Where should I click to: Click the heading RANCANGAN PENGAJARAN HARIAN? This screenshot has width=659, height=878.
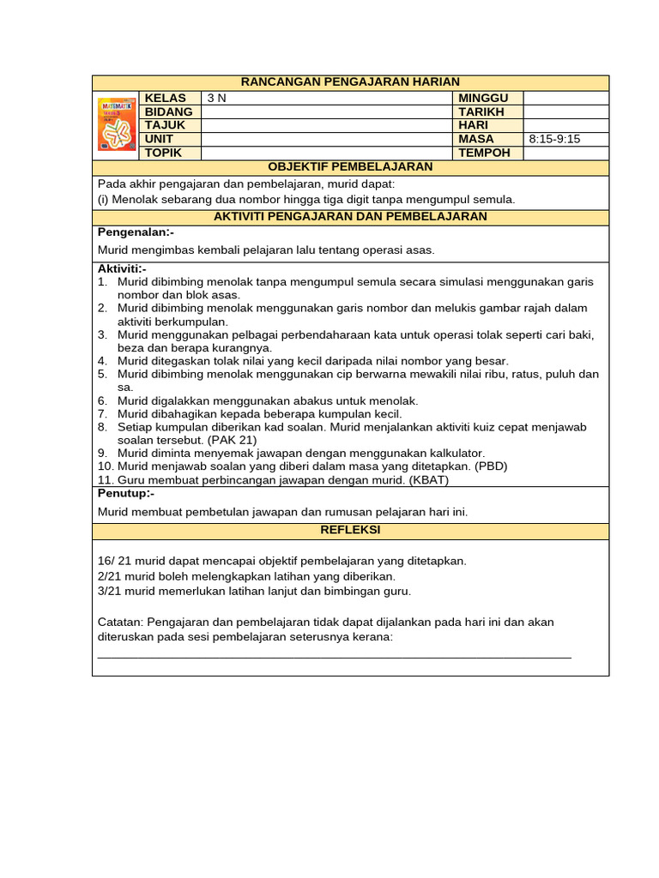(350, 82)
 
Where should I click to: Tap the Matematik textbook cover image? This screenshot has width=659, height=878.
(117, 124)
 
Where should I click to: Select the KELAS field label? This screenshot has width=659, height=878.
(166, 99)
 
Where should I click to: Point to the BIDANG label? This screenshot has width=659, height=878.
(169, 112)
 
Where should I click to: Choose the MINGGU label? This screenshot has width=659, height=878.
(484, 99)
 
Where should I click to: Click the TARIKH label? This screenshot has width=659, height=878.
(481, 112)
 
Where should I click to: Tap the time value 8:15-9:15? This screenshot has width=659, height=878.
(555, 139)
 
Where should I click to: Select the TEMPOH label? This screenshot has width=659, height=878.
(484, 153)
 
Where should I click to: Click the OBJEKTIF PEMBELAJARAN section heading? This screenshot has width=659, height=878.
(350, 167)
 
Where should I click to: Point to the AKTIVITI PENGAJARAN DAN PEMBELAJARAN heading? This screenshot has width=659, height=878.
(350, 217)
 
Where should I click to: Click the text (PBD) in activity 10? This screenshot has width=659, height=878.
(492, 466)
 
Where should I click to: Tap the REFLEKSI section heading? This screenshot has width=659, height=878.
(350, 531)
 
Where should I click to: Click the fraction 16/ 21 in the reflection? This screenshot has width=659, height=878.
(114, 561)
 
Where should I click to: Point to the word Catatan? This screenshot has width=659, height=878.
(120, 622)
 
